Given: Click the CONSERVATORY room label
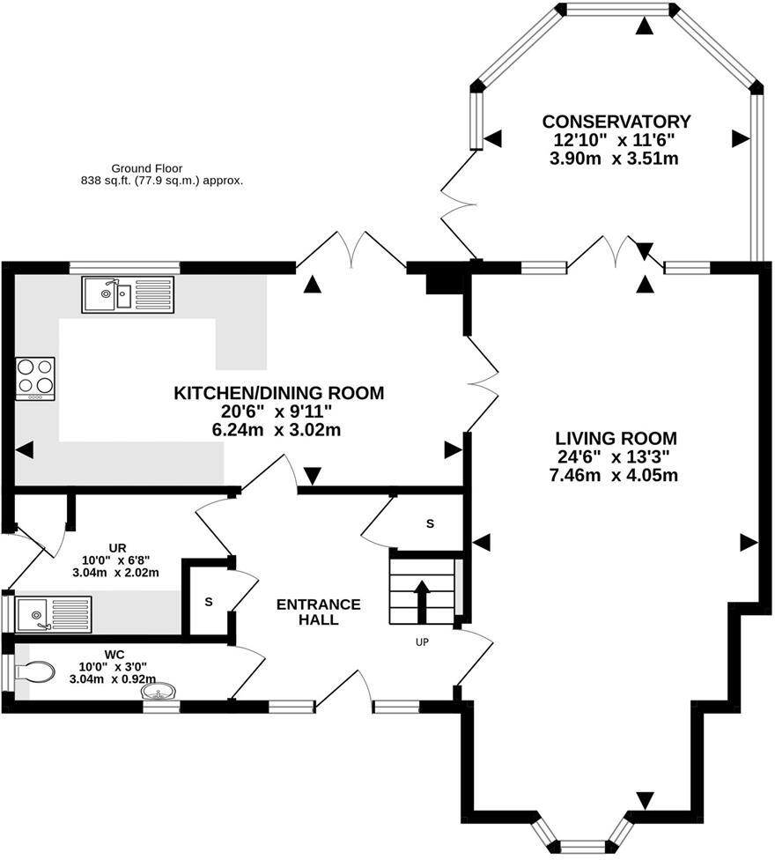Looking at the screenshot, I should coord(616,122).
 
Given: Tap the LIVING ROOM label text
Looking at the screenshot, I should coord(616,438).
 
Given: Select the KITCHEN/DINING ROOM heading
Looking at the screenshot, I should coord(279,393).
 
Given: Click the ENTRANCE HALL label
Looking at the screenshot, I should coord(318,612).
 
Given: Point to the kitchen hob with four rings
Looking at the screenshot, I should coord(35,377).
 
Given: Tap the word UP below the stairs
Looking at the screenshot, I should coord(422,642).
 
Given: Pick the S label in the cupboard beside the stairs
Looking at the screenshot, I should coord(430,524).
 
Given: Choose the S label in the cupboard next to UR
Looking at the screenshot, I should coord(209,602).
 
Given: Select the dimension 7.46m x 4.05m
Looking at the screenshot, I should coord(616,477).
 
